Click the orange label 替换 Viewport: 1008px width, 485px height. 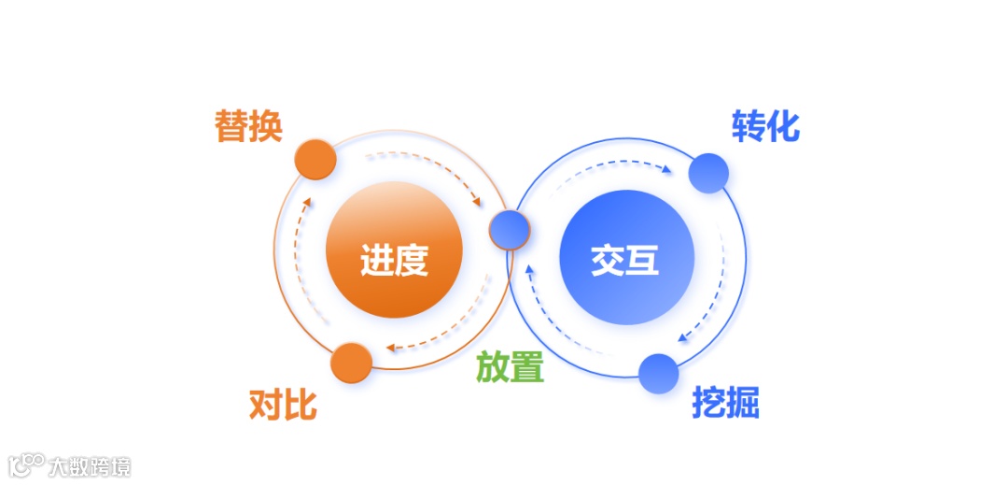[x=248, y=126]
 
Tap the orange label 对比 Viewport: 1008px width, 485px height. [x=283, y=406]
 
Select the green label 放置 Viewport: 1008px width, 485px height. [x=510, y=367]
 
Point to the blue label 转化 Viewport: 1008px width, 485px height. [x=765, y=126]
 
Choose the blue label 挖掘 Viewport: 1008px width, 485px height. [x=725, y=403]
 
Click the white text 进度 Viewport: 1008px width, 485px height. [x=394, y=260]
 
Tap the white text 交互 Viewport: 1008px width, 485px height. [x=625, y=260]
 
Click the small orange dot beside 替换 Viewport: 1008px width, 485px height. [x=315, y=160]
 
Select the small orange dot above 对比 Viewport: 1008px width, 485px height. [x=352, y=363]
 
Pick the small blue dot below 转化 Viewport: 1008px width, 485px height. [x=708, y=173]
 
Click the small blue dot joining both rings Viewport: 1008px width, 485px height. [x=510, y=230]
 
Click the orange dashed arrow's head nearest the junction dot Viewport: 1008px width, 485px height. [x=478, y=201]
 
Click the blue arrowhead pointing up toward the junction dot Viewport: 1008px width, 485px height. [x=528, y=270]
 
